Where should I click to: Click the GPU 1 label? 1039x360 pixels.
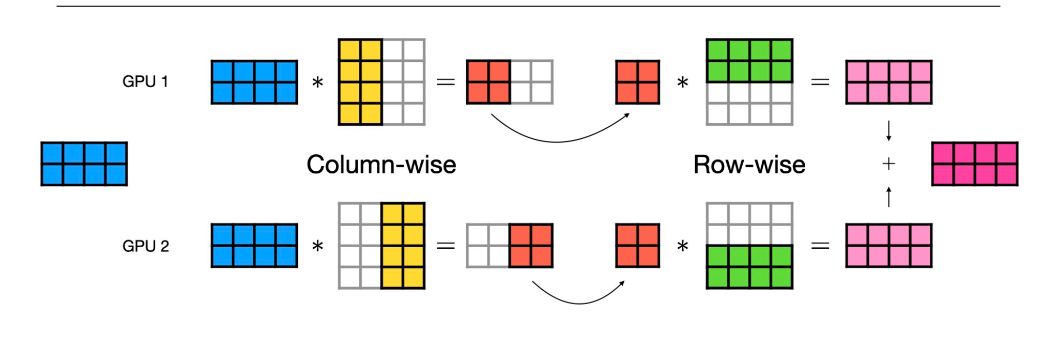coord(145,82)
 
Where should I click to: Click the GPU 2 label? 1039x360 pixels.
coord(146,246)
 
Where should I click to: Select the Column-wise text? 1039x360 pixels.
coord(381,165)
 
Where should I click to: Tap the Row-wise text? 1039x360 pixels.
coord(749,165)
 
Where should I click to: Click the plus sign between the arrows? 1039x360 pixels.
coord(888,164)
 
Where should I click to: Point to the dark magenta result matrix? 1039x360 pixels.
coord(974,164)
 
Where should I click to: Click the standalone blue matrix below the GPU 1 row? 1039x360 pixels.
coord(84,164)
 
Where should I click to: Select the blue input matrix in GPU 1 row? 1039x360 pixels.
coord(254,82)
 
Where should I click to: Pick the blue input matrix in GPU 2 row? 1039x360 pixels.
coord(254,246)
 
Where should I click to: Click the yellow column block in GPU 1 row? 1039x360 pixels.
coord(360,82)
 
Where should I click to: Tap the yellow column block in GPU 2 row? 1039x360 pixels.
coord(403,246)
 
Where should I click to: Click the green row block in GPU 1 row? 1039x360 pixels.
coord(749,61)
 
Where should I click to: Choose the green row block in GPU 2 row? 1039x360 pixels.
coord(749,267)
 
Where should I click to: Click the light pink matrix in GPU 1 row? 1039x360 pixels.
coord(888,82)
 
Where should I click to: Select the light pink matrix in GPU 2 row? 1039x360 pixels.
coord(888,246)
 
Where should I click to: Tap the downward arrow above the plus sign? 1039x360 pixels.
coord(888,131)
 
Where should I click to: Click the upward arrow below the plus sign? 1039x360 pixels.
coord(888,197)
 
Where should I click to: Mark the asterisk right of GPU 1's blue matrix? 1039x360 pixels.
coord(318,83)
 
